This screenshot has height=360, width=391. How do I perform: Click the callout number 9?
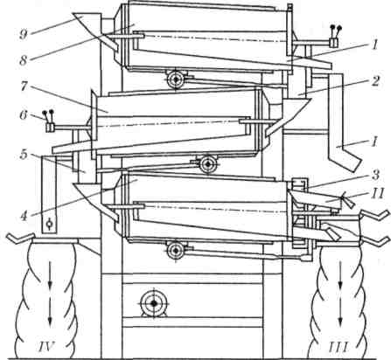click(x=24, y=35)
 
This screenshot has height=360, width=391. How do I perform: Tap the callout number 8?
click(x=24, y=60)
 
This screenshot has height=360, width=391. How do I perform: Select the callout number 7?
click(x=24, y=87)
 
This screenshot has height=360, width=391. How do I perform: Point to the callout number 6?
click(x=24, y=115)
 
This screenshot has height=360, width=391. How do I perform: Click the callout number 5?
click(x=24, y=155)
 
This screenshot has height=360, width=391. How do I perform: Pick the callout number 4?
click(x=24, y=217)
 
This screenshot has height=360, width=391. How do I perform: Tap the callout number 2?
click(x=375, y=80)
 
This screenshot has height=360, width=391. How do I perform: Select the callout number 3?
click(x=375, y=176)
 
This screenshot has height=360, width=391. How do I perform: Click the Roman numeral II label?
click(x=377, y=193)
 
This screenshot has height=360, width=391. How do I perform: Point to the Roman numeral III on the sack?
click(x=339, y=347)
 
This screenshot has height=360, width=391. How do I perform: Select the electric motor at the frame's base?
click(x=153, y=303)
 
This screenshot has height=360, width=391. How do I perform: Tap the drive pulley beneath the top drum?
click(x=175, y=79)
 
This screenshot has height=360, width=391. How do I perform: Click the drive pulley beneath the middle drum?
click(x=207, y=164)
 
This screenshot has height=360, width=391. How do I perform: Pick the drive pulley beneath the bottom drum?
click(x=175, y=250)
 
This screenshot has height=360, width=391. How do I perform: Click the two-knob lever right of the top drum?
click(x=335, y=37)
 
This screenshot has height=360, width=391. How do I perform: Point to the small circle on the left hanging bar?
click(x=49, y=224)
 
